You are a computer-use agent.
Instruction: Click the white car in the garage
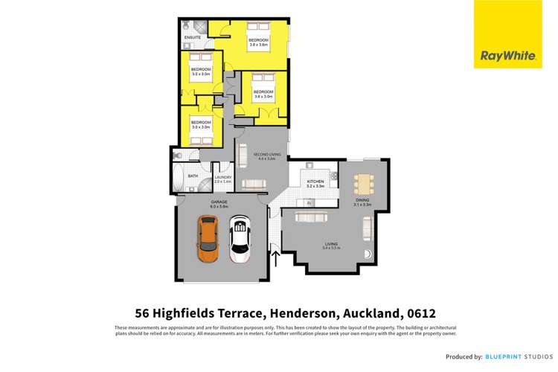click(240, 240)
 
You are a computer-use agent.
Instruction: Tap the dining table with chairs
click(362, 183)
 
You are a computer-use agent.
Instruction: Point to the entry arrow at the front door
click(276, 258)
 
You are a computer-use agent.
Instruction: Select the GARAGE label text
click(219, 202)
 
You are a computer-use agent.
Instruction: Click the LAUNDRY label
click(222, 177)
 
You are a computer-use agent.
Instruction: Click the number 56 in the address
click(143, 313)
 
